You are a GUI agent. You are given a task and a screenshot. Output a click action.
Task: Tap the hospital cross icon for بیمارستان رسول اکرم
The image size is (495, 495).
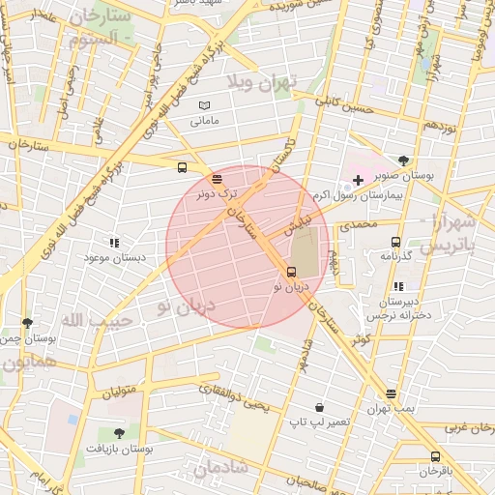[358, 180]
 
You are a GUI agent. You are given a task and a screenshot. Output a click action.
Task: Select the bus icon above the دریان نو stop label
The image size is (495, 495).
[293, 272]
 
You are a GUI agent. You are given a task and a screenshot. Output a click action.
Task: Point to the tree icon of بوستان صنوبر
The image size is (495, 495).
[403, 160]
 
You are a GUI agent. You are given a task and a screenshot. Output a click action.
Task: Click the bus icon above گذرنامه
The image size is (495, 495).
[394, 242]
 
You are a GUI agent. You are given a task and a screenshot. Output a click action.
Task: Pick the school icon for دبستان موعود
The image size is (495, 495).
[114, 244]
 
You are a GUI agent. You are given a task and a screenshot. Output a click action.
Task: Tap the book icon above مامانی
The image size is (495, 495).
[204, 105]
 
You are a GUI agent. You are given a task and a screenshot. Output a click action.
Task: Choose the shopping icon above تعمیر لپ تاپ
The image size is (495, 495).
[319, 408]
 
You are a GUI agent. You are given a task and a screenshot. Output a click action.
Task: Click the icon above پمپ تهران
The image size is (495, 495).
[391, 394]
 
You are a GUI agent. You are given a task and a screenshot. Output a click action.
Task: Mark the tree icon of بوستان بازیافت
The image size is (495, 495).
[119, 433]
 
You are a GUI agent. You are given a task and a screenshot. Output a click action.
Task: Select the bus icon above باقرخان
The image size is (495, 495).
[435, 456]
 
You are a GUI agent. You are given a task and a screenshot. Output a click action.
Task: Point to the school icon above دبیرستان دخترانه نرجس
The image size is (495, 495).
[398, 285]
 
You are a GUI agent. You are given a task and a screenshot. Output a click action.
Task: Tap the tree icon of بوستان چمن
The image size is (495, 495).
[26, 323]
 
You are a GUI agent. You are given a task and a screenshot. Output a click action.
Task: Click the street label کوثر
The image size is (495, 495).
[361, 340]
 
